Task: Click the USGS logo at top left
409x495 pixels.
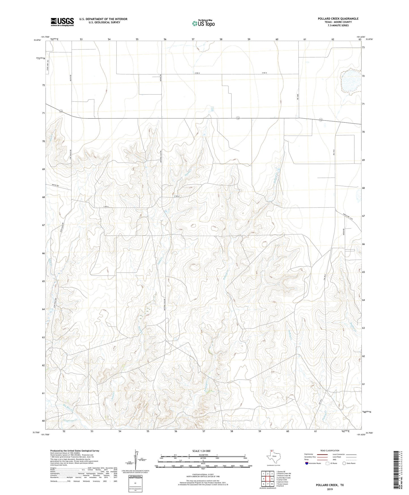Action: pos(62,22)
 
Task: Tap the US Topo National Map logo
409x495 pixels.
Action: pos(203,23)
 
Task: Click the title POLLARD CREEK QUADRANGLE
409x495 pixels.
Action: pos(338,19)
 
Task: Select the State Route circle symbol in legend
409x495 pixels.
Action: pos(344,463)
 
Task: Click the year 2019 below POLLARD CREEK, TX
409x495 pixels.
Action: pos(330,489)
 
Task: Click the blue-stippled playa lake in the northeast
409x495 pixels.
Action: pos(350,81)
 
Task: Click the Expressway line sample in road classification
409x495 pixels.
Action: pos(322,454)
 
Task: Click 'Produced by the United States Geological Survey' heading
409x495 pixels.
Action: pos(75,450)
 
